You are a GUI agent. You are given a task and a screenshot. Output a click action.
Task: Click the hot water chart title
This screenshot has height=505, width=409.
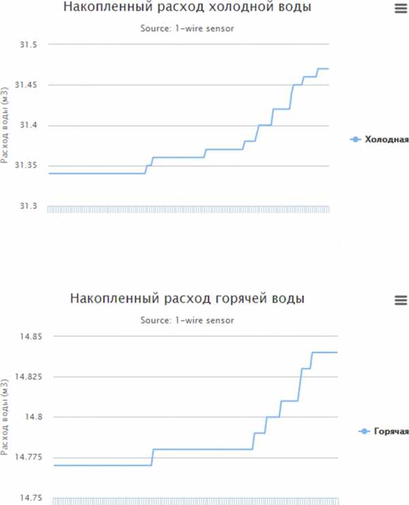(187, 299)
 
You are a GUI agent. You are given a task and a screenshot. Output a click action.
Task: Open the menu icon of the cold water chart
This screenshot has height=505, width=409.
(400, 8)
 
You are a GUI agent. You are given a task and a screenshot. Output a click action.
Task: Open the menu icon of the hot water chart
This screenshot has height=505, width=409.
(400, 300)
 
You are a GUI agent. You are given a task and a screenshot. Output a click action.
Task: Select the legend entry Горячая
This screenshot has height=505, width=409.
(383, 431)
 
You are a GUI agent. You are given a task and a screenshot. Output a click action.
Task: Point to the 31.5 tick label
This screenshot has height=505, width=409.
(27, 45)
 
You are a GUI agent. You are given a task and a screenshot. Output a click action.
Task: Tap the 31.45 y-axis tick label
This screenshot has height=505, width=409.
(25, 85)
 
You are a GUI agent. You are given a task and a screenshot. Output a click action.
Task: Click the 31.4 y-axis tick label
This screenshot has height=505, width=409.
(27, 126)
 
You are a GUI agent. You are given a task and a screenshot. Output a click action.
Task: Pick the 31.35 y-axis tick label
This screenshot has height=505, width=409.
(25, 166)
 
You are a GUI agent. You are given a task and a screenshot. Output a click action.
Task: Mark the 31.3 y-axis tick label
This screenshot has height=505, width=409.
(27, 206)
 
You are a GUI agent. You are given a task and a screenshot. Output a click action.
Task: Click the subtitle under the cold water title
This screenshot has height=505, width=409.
(187, 29)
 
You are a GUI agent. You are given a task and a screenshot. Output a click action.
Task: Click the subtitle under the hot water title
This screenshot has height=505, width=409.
(187, 321)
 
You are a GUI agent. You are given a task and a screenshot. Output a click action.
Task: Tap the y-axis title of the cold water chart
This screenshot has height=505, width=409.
(5, 127)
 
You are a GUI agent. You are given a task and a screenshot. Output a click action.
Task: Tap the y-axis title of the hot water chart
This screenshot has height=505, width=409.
(5, 418)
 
